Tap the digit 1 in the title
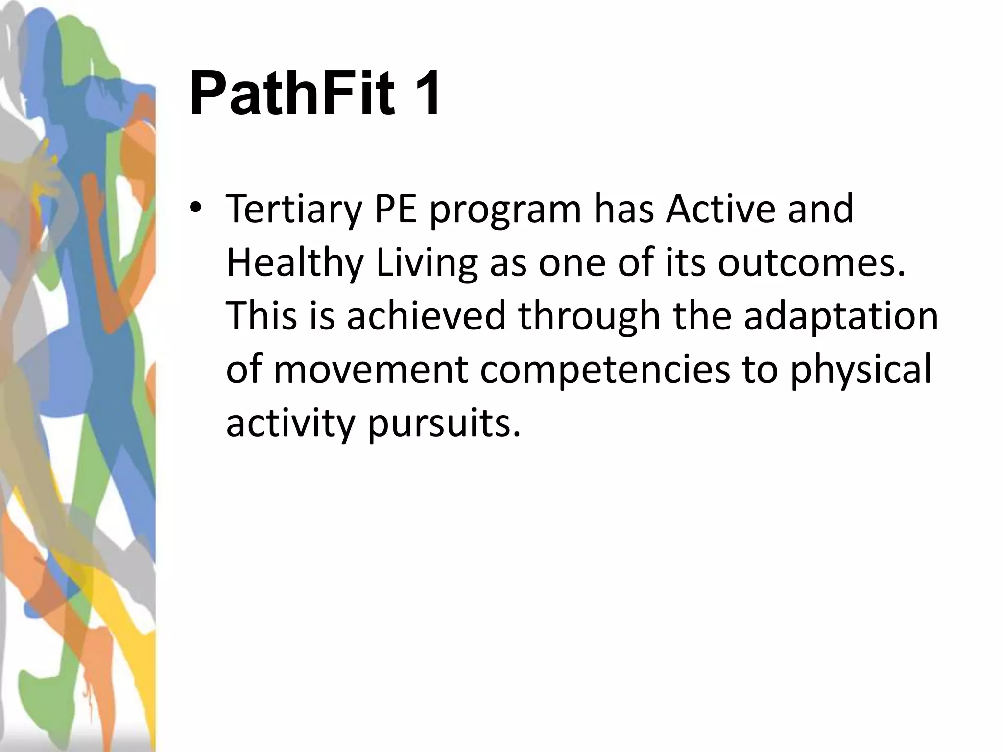pos(424,93)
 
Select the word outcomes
pos(811,262)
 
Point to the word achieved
pos(426,315)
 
